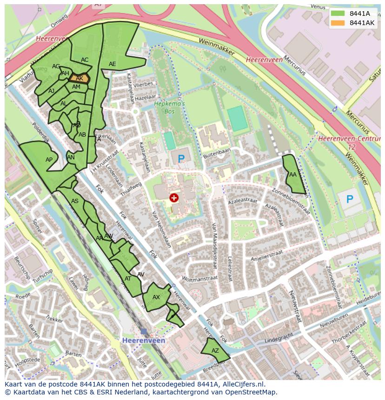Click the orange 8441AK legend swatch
coord(338,23)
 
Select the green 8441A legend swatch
coord(338,13)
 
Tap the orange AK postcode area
coord(79,78)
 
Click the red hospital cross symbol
coord(174,198)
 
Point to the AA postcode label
coord(293,175)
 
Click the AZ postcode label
coord(215,351)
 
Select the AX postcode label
coord(156,297)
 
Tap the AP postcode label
coord(49,160)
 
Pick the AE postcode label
coord(112,64)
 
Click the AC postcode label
coord(85,60)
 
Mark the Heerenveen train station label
coord(144,341)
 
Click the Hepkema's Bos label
coord(169,108)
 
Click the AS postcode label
coord(75,201)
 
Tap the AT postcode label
coord(128,279)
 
